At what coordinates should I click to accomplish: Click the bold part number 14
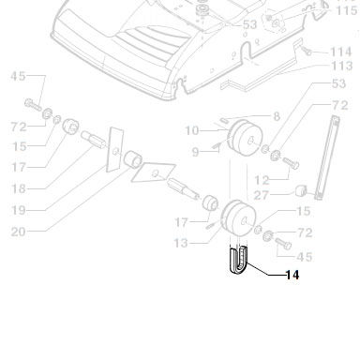point(292,275)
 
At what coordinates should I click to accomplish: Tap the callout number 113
point(342,66)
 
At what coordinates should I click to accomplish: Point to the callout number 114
point(341,52)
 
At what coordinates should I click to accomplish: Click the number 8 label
point(277,116)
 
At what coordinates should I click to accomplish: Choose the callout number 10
point(192,130)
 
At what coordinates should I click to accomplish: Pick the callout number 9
point(195,152)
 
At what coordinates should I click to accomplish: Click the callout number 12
point(262,180)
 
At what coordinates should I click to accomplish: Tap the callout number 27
point(261,195)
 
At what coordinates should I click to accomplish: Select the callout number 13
point(181,243)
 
